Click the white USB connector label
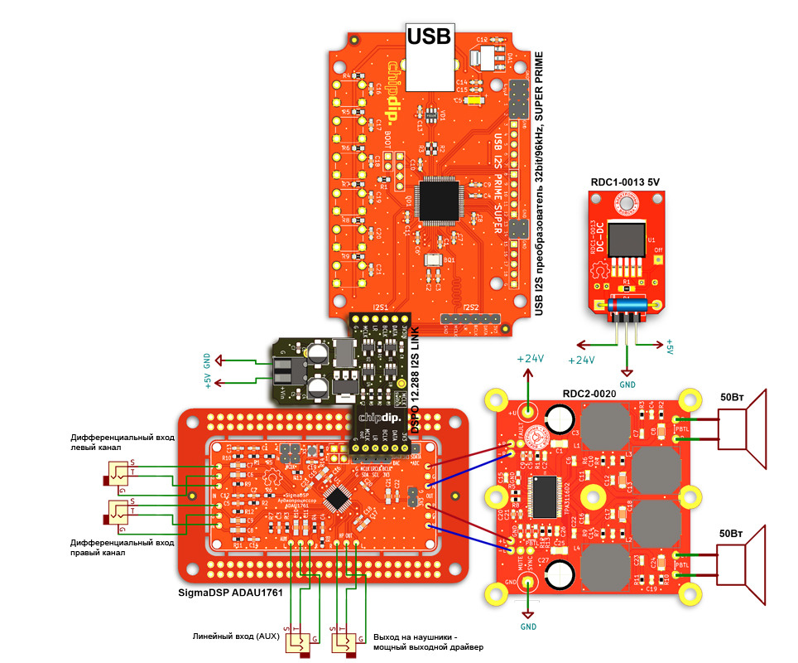pos(430,36)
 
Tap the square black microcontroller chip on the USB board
pos(438,200)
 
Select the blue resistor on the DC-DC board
pos(627,307)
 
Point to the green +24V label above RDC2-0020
pos(530,359)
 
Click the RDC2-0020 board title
pos(589,394)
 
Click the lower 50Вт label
pos(734,534)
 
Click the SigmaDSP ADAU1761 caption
pos(231,593)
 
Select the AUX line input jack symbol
pos(299,641)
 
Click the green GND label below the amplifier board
pos(528,627)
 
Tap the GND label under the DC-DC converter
pos(627,385)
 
